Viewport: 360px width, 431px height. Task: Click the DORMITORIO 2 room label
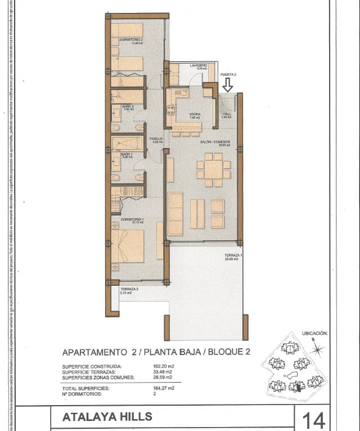pyautogui.click(x=131, y=39)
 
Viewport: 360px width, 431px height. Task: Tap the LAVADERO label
pyautogui.click(x=198, y=66)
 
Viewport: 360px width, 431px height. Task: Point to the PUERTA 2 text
pyautogui.click(x=228, y=74)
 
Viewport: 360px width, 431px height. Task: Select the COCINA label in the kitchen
pyautogui.click(x=195, y=114)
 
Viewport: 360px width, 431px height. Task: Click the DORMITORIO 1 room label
pyautogui.click(x=132, y=219)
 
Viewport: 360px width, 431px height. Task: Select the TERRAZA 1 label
pyautogui.click(x=233, y=256)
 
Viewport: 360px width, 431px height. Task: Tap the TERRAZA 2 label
pyautogui.click(x=129, y=289)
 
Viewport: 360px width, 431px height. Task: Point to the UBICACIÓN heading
pyautogui.click(x=314, y=334)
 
